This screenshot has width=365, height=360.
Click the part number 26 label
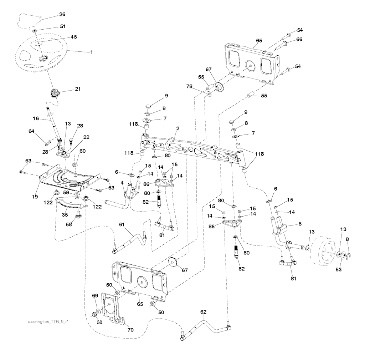62,15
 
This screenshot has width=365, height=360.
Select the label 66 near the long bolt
299,39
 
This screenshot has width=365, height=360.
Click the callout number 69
95,296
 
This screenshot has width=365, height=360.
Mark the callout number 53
338,269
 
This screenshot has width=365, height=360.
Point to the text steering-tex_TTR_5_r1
47,321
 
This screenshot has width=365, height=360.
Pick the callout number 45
74,37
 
